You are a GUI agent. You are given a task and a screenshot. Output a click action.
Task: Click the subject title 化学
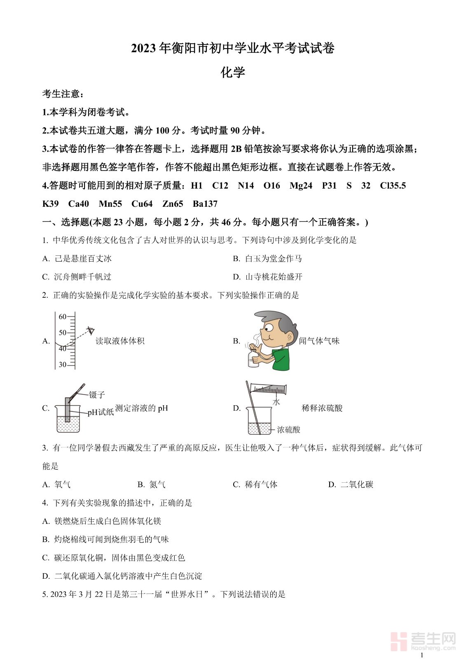[233, 72]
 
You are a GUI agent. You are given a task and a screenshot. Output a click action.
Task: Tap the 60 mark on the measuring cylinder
[63, 317]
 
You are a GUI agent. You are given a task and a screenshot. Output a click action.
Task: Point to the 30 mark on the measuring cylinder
[63, 365]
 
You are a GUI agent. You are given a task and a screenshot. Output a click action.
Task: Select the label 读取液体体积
[120, 341]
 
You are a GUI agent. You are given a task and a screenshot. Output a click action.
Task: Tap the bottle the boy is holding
[252, 358]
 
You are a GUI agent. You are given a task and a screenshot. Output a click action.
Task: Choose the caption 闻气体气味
[319, 341]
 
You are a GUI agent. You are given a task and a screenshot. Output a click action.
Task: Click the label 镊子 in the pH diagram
[97, 395]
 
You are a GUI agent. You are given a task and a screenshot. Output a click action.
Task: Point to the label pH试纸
[101, 412]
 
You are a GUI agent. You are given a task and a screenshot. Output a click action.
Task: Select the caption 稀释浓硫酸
[322, 408]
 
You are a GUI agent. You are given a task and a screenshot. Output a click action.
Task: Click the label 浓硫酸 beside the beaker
[288, 430]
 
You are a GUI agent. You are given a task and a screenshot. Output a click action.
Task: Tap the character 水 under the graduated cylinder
[276, 402]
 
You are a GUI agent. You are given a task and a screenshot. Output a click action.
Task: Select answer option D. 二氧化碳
[351, 485]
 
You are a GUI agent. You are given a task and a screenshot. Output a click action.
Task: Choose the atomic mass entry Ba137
[205, 204]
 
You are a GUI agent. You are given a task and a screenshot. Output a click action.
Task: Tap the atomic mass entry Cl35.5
[393, 186]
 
